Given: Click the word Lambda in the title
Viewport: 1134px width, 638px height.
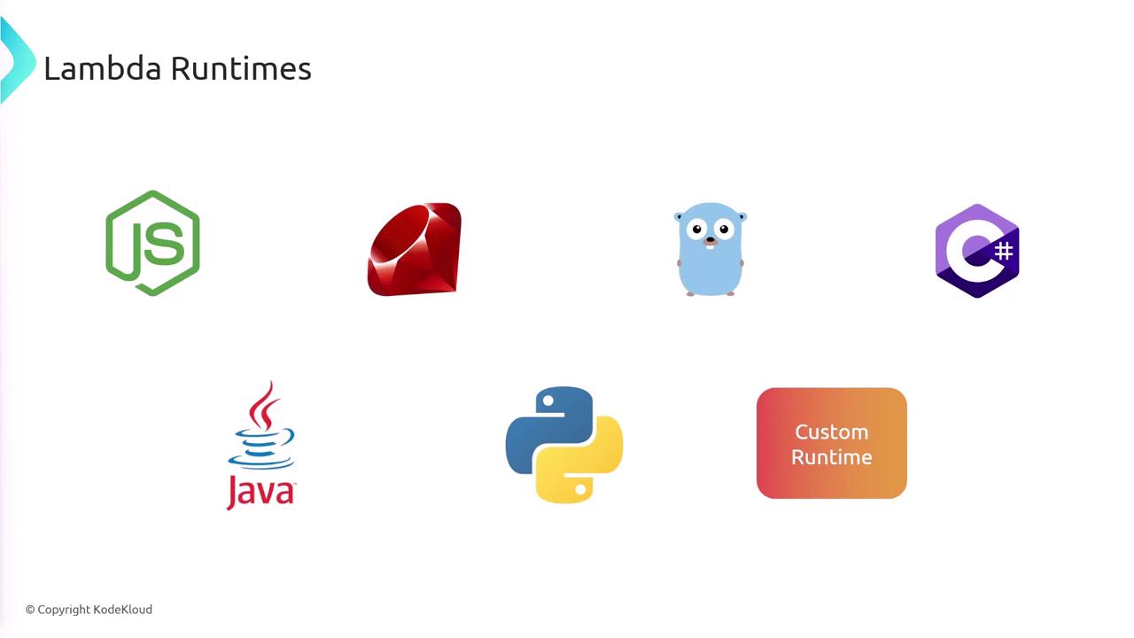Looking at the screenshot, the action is tap(103, 68).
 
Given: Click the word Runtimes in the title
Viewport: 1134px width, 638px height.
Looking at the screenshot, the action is tap(241, 68).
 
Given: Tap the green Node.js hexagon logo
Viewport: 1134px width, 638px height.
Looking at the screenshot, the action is tap(153, 243).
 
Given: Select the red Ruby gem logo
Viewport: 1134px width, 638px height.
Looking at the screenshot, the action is tap(415, 249).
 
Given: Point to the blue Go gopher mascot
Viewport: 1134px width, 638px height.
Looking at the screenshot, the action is tap(711, 249).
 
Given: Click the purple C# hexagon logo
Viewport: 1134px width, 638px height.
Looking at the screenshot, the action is tap(977, 251).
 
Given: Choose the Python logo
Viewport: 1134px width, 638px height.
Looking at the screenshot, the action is tap(564, 445).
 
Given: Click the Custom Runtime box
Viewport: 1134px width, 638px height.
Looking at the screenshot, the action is tap(832, 443).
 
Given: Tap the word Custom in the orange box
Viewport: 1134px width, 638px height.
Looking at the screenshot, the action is tap(832, 432).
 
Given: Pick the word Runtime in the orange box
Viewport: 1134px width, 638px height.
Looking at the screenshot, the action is tap(832, 457).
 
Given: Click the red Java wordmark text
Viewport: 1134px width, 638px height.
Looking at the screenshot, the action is tap(260, 492).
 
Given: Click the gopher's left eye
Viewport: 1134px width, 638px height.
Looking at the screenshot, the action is tap(697, 230).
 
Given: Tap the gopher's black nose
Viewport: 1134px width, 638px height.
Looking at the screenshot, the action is tap(711, 239).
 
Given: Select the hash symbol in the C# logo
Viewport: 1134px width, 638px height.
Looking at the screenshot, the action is tap(1004, 251).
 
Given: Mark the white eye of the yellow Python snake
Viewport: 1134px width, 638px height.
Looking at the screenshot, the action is tap(580, 489).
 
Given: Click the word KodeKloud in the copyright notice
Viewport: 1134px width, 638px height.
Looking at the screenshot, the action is tap(122, 609).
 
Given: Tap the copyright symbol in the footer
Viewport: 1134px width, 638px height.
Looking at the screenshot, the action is tap(30, 610).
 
